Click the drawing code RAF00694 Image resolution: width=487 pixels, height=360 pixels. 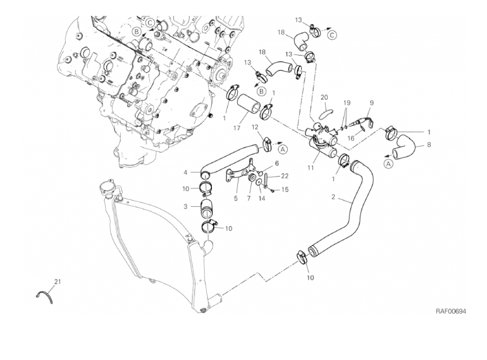coord(451,311)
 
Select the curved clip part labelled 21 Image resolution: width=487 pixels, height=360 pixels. coord(42,294)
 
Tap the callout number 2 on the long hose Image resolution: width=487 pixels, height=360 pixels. coord(333,197)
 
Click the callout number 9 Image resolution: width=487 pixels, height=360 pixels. coord(371,102)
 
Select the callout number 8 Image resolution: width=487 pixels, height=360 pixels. coord(429,144)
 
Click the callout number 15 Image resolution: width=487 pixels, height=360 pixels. coord(285,190)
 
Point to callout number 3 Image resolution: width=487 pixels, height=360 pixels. coord(186,206)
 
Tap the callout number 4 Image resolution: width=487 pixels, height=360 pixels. coord(186,172)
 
